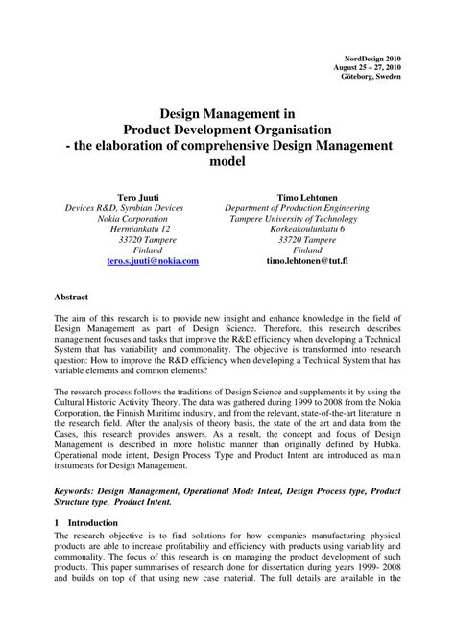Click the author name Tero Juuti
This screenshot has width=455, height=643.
pyautogui.click(x=140, y=195)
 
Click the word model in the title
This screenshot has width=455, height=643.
pyautogui.click(x=227, y=162)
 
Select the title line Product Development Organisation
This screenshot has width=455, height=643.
pyautogui.click(x=227, y=129)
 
